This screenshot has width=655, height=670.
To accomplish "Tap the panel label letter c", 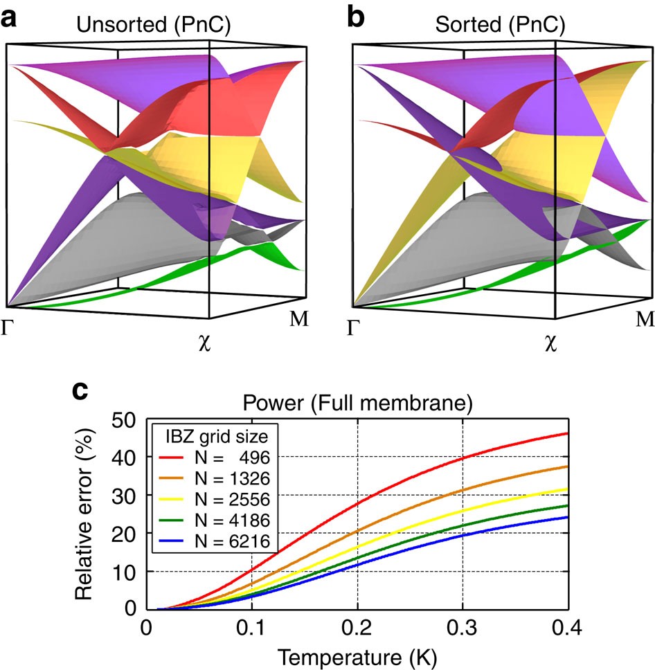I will pyautogui.click(x=82, y=392).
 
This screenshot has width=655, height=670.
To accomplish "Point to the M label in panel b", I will pyautogui.click(x=644, y=319).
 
